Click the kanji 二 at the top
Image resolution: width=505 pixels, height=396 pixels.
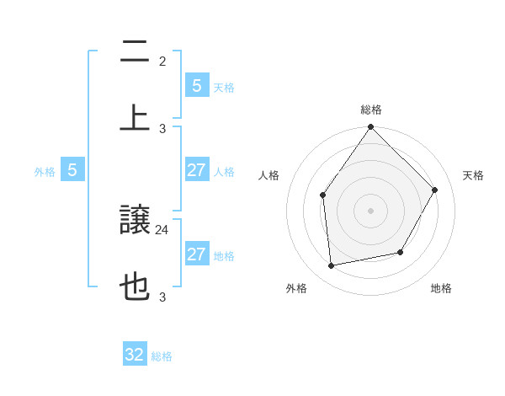click(x=135, y=51)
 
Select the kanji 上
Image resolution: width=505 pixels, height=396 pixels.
click(x=135, y=118)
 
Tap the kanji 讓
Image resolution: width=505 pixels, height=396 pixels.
click(x=135, y=221)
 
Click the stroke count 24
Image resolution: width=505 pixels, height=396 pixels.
click(x=162, y=229)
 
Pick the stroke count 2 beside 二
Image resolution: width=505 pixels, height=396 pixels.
click(x=162, y=61)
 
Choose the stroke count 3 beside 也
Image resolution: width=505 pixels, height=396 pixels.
click(x=162, y=297)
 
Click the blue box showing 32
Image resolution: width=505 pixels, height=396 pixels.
click(x=135, y=355)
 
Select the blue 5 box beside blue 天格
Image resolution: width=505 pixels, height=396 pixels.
click(x=196, y=86)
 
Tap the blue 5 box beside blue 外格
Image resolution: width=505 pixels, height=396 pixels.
click(x=72, y=170)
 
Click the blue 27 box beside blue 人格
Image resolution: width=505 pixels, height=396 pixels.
click(x=196, y=170)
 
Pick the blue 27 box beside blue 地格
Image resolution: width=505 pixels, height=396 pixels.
click(x=196, y=254)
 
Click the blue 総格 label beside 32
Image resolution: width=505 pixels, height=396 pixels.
click(x=162, y=356)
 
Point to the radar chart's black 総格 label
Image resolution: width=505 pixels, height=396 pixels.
click(x=371, y=110)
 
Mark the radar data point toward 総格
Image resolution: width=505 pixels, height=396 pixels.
click(x=371, y=127)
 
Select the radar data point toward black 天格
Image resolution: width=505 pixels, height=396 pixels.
click(x=435, y=190)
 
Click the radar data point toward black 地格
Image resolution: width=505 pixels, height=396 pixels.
click(x=401, y=252)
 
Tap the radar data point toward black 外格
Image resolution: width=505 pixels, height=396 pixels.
click(x=332, y=266)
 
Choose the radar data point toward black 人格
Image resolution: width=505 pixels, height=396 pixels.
click(x=323, y=195)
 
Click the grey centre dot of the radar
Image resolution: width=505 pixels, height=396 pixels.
click(x=371, y=211)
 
